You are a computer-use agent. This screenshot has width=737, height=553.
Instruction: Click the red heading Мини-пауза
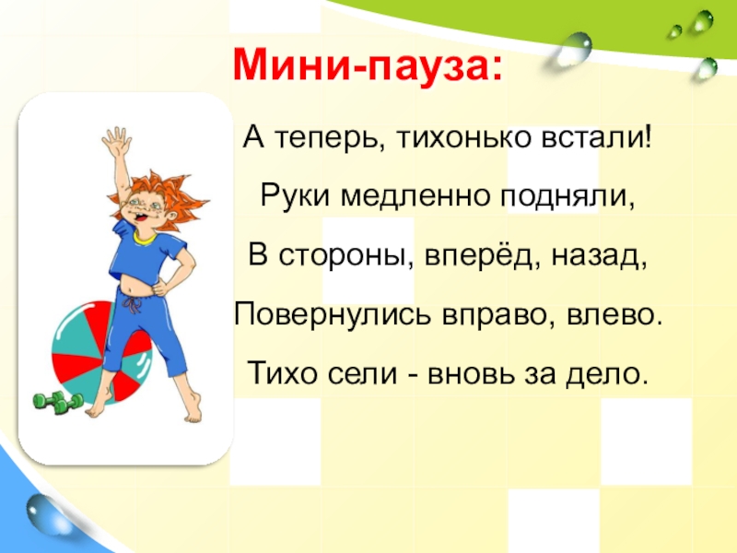coord(368,65)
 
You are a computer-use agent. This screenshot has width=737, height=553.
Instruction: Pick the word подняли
coord(567,197)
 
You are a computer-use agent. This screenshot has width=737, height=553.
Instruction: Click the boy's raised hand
coord(116,141)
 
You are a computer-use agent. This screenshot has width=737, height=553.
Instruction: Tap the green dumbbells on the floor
coord(58,402)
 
